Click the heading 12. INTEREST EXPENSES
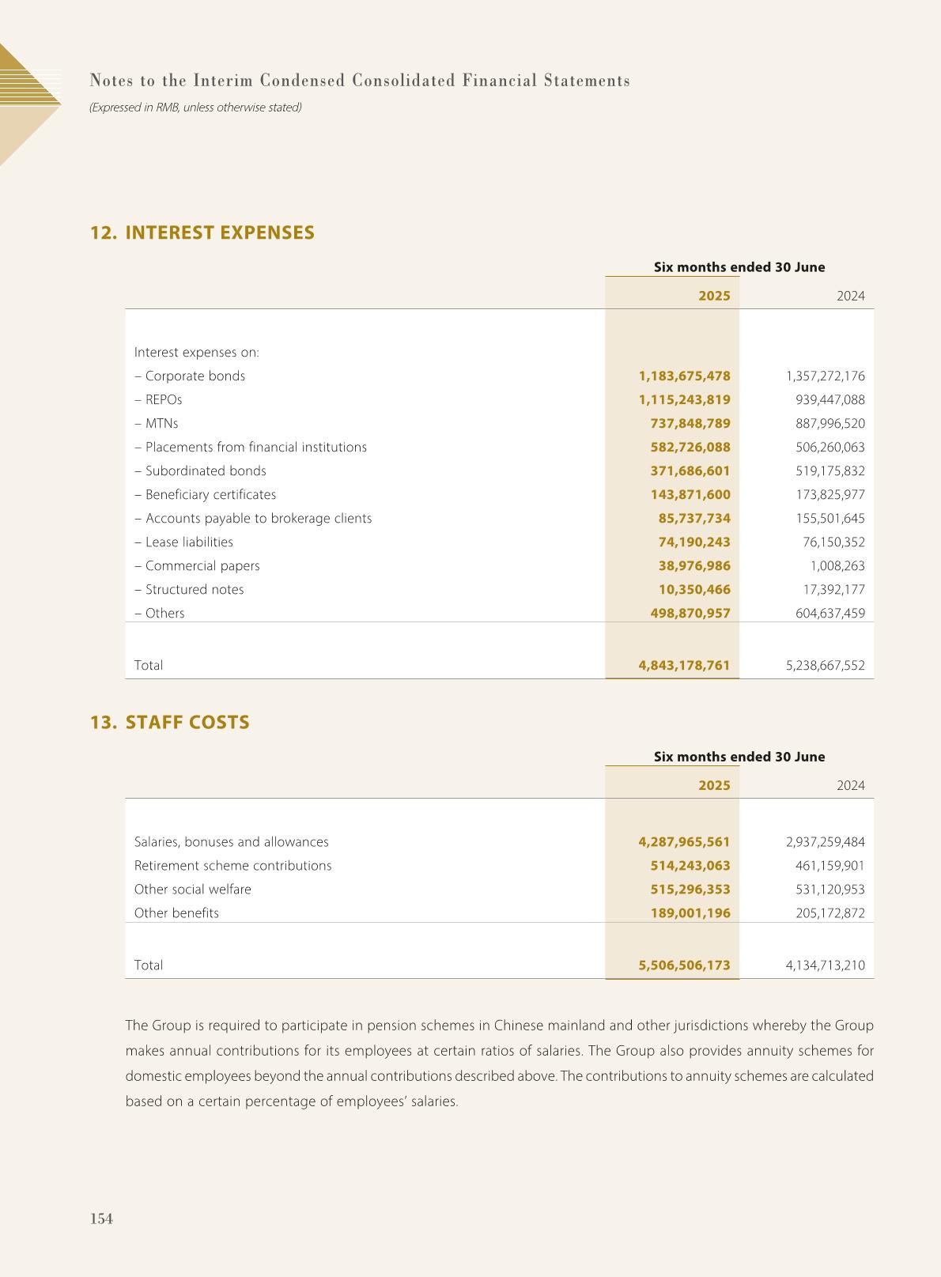tap(202, 232)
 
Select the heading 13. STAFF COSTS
tap(170, 723)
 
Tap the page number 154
tap(101, 1218)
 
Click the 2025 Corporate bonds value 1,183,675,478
tap(684, 376)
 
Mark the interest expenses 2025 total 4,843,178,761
tap(684, 666)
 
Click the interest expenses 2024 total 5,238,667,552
tap(825, 666)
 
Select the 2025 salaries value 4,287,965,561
tap(684, 842)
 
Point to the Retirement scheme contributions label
tap(232, 866)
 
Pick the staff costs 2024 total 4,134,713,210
tap(825, 965)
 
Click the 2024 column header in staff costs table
tap(850, 786)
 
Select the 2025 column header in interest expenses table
tap(714, 297)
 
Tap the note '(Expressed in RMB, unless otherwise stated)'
tap(195, 107)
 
